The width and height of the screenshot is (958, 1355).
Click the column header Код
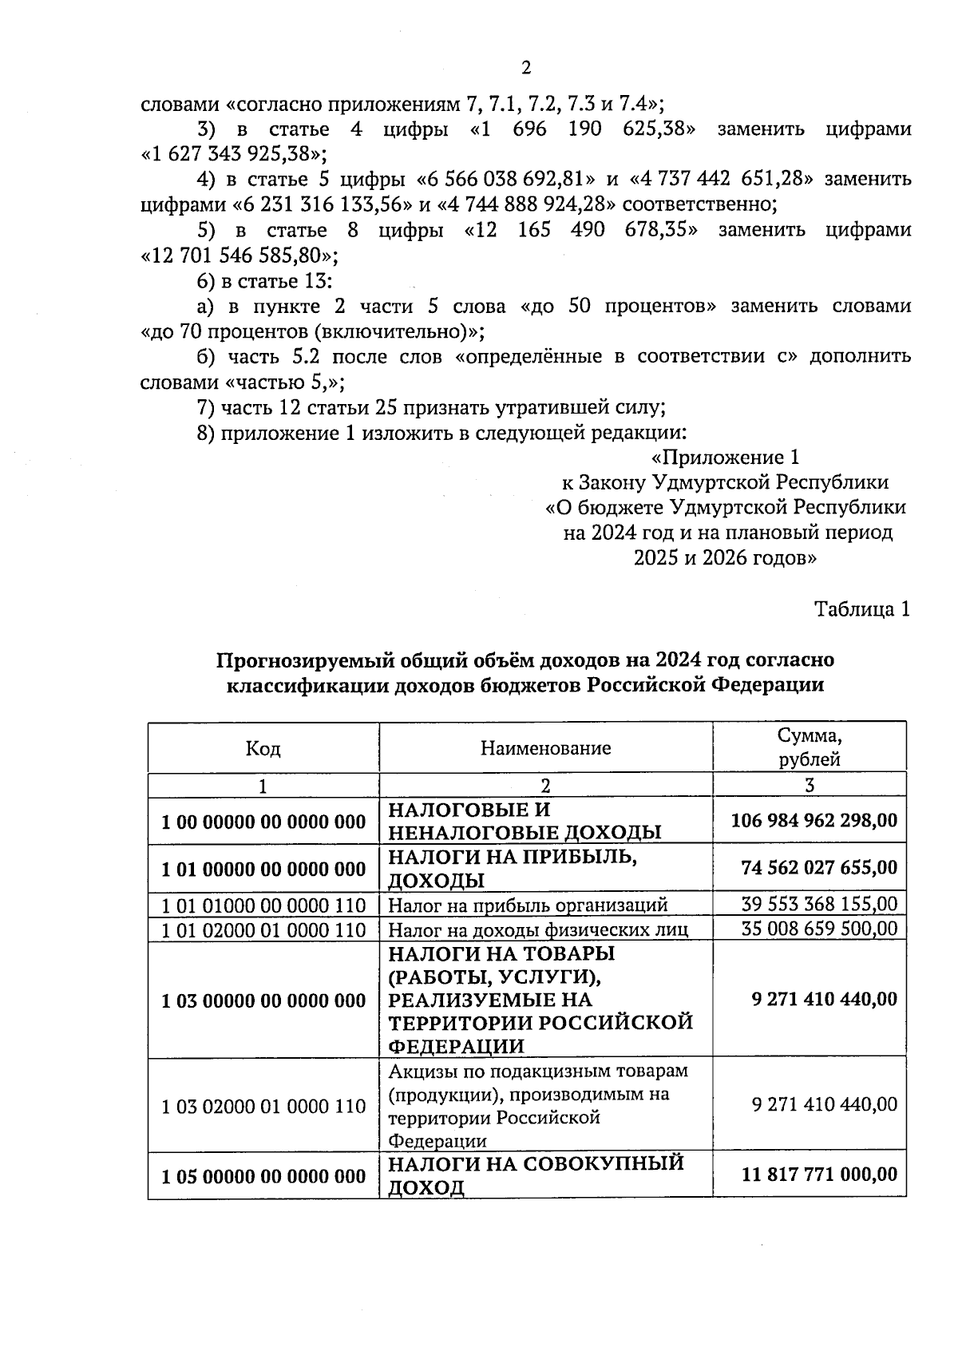263,748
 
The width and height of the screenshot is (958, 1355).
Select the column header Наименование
545,748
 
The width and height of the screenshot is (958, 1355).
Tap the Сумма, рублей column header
810,747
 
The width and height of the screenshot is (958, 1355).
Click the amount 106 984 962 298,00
814,820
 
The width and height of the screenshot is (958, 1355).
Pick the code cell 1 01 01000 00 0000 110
263,905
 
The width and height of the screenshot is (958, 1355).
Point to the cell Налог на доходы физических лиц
538,929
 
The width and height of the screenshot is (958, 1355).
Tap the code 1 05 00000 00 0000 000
263,1177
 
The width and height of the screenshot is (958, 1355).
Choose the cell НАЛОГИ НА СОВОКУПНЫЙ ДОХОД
536,1175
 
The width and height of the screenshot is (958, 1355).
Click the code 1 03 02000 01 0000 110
263,1107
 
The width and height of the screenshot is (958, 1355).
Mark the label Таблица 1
861,610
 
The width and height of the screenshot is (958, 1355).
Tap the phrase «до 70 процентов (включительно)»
312,331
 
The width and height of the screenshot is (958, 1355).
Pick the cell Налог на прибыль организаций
528,905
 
